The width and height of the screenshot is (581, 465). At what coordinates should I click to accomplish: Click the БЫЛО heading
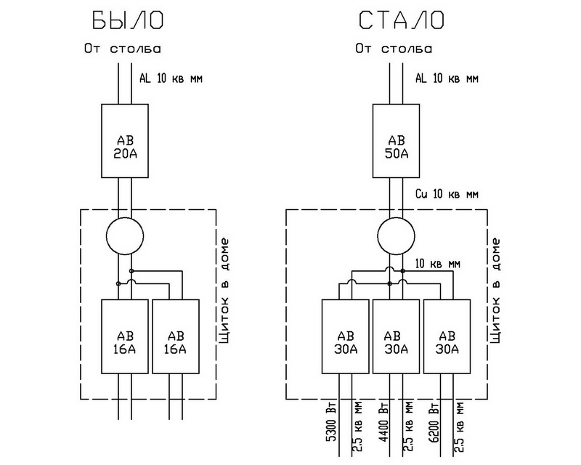click(128, 20)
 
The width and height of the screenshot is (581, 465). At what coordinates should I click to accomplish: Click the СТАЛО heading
click(402, 20)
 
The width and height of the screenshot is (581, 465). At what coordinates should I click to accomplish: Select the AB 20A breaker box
click(125, 141)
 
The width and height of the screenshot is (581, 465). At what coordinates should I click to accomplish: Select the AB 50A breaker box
click(396, 141)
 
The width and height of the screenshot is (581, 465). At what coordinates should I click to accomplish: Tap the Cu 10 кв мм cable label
click(447, 194)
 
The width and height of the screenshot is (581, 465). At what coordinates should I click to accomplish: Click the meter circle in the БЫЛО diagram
click(125, 236)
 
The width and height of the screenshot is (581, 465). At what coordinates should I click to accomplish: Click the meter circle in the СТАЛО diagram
click(396, 236)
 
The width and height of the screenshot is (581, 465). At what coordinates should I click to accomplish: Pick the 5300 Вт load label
click(331, 421)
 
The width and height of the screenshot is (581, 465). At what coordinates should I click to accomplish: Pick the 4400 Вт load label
click(383, 421)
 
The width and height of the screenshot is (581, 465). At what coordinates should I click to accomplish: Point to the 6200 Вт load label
click(434, 421)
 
